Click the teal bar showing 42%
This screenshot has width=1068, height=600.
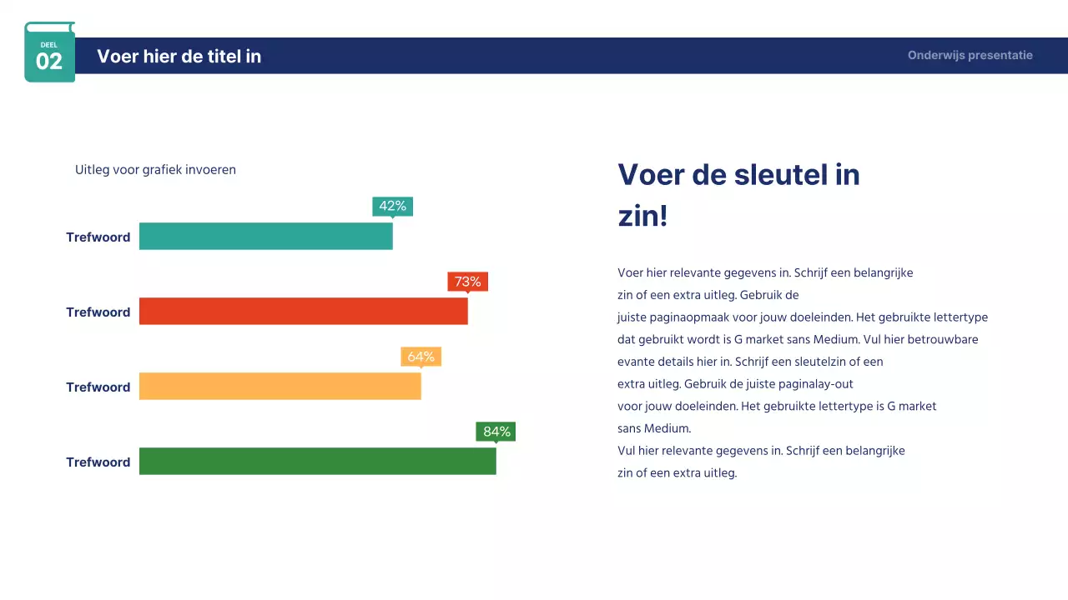click(265, 237)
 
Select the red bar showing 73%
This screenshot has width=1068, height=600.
click(303, 312)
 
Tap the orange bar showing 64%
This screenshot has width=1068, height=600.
click(280, 387)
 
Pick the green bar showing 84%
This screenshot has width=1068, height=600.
click(317, 462)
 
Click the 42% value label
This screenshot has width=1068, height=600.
click(392, 206)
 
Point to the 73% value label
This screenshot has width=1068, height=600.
click(467, 282)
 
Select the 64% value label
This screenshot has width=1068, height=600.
click(421, 357)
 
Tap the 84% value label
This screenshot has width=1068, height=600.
click(496, 432)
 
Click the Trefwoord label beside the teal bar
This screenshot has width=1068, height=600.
click(98, 237)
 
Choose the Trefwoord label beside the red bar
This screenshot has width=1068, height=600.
click(98, 312)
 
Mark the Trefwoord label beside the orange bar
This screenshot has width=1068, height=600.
click(98, 387)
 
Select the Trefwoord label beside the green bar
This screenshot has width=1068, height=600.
click(98, 462)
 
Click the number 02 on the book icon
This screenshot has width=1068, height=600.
click(49, 61)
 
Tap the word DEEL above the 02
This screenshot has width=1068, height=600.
click(49, 45)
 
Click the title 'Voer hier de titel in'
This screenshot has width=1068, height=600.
click(179, 56)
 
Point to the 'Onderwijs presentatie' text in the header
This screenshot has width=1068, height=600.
click(970, 56)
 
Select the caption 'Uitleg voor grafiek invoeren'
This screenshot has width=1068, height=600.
click(155, 170)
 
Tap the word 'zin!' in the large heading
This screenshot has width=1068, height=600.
click(642, 217)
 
